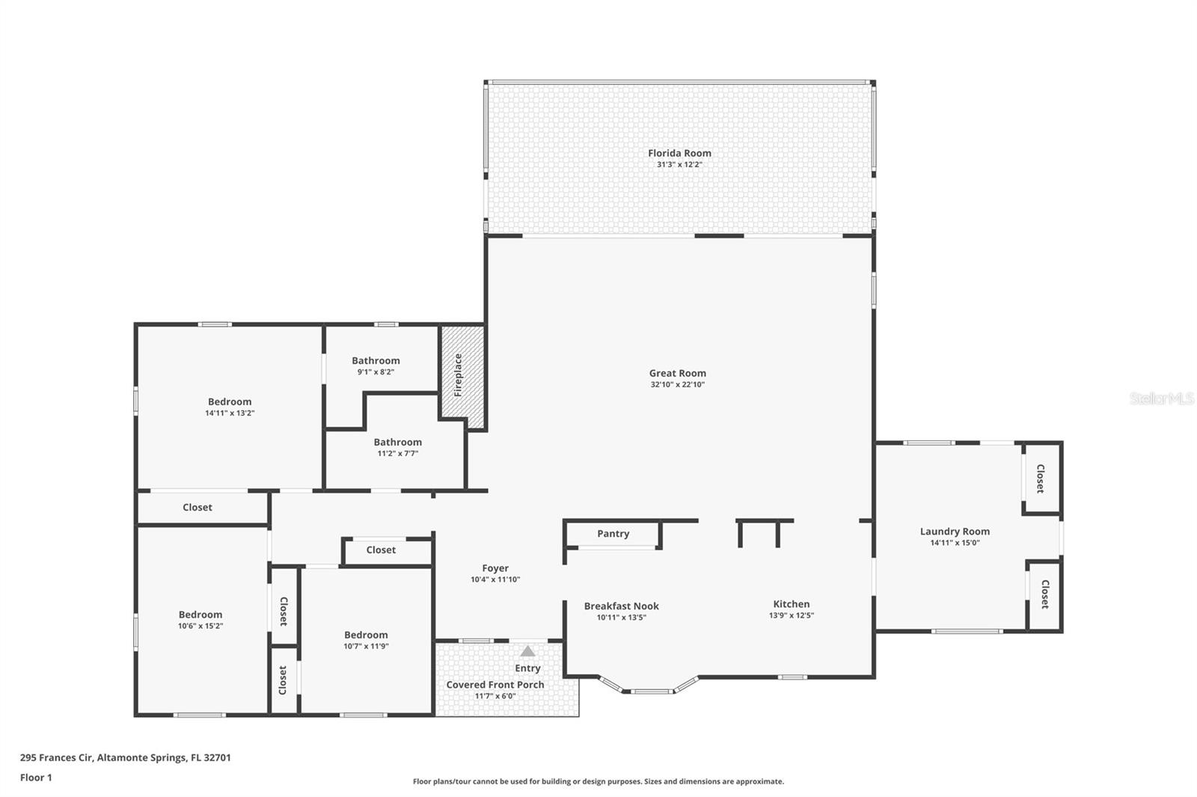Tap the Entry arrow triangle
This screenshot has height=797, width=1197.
528,651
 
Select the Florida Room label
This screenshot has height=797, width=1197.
679,153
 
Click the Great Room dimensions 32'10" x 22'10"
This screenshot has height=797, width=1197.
678,385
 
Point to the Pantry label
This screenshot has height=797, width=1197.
613,534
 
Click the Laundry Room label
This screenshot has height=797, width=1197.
955,532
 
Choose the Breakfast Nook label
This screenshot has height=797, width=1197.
621,606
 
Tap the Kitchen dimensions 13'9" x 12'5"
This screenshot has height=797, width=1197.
792,616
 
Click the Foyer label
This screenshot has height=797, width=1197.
495,568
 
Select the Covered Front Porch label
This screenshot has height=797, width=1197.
495,685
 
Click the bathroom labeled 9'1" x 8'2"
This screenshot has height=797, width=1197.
376,366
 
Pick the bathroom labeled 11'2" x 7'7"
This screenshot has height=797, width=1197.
397,447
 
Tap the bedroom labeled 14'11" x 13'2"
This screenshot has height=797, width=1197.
230,407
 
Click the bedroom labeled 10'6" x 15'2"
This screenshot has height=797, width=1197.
200,620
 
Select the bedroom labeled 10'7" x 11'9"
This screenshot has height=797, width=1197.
366,640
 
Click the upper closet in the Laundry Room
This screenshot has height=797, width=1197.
1041,478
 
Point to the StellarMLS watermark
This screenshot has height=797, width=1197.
1161,399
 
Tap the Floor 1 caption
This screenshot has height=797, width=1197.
36,778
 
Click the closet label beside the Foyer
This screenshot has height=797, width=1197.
381,550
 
